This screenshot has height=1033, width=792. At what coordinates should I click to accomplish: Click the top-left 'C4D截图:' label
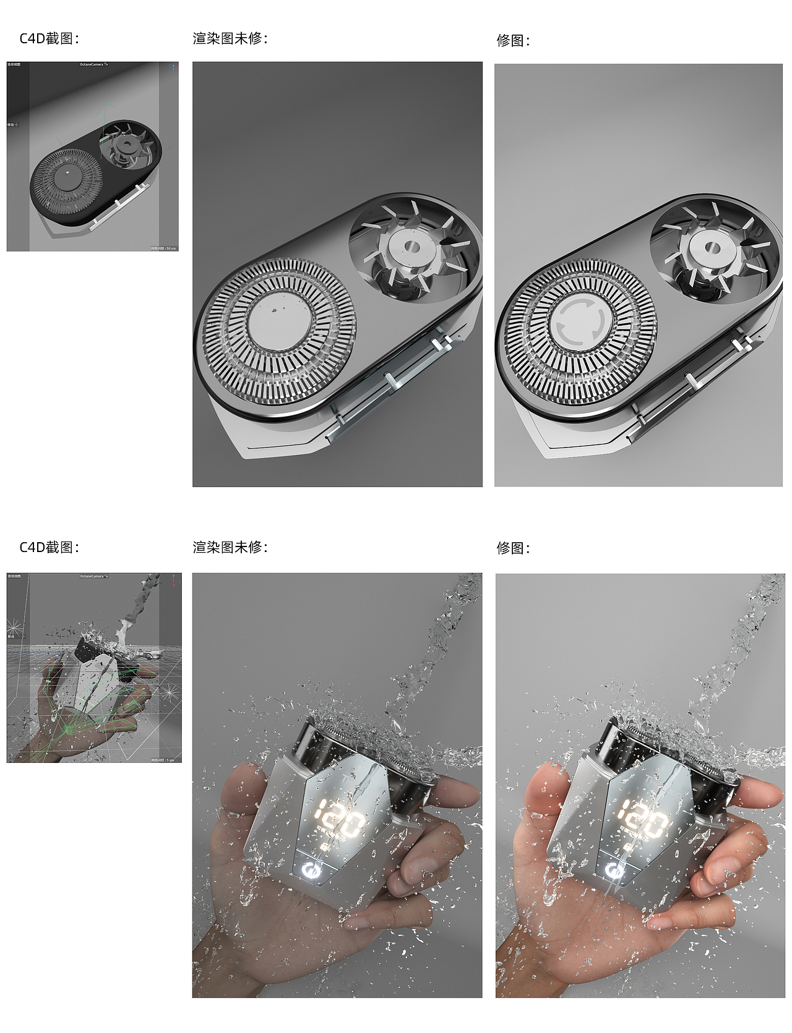49,39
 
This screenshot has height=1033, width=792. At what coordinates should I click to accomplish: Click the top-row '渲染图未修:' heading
230,39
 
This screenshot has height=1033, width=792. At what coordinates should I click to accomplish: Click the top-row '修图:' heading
513,41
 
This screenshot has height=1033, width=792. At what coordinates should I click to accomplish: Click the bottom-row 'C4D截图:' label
49,547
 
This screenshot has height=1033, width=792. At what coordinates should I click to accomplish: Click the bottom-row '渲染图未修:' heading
230,547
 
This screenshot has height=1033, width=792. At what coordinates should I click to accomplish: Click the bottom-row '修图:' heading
513,548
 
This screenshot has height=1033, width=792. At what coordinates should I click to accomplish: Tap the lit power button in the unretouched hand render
312,872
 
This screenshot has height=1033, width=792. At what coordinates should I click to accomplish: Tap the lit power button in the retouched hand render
614,872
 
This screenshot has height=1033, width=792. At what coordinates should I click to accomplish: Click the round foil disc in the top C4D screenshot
65,179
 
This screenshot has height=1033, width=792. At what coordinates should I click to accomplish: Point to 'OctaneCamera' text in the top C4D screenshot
92,64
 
